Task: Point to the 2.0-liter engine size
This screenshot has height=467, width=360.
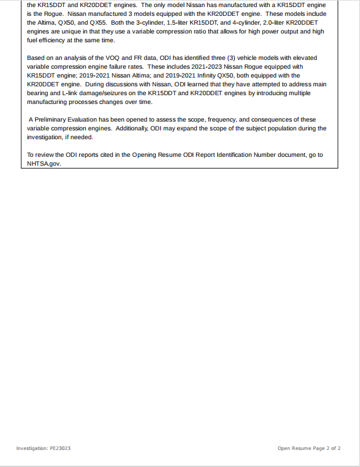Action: [265, 22]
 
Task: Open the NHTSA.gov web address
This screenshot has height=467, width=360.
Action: [43, 164]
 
